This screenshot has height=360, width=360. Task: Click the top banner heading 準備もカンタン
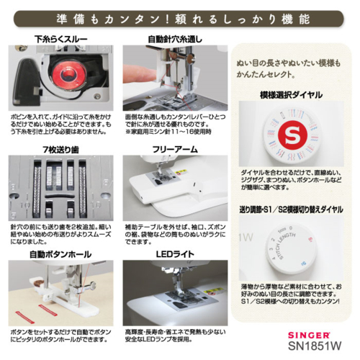(180, 16)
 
